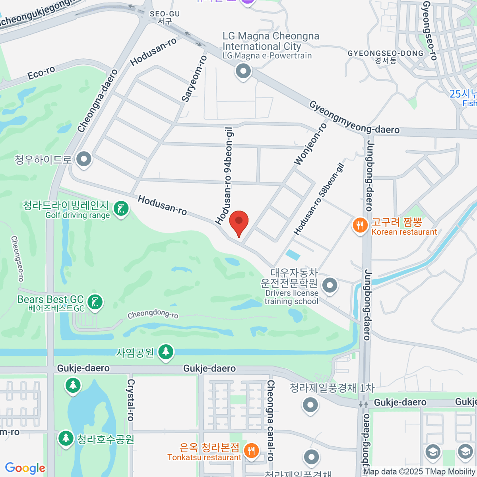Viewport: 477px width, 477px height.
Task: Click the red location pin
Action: click(238, 222)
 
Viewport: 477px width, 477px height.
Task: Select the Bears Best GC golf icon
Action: click(95, 302)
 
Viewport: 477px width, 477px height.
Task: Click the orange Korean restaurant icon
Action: click(360, 226)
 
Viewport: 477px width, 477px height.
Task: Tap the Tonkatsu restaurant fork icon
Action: click(251, 451)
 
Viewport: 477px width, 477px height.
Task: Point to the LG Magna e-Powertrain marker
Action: click(243, 72)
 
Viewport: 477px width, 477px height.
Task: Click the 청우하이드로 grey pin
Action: click(84, 159)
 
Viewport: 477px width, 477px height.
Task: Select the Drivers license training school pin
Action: click(330, 285)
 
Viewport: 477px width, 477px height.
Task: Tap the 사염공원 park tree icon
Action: click(165, 352)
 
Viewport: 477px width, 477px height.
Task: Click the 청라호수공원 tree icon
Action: click(65, 438)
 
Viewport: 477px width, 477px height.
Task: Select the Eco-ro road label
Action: click(41, 73)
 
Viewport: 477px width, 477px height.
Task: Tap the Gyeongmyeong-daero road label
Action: click(354, 117)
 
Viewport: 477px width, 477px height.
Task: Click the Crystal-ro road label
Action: click(130, 399)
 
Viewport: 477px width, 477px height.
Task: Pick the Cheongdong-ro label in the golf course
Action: click(153, 314)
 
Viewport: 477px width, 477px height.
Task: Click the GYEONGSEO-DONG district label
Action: click(386, 54)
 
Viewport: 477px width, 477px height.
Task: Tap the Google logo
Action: click(25, 468)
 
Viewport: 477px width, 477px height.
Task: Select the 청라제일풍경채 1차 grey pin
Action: click(310, 405)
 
